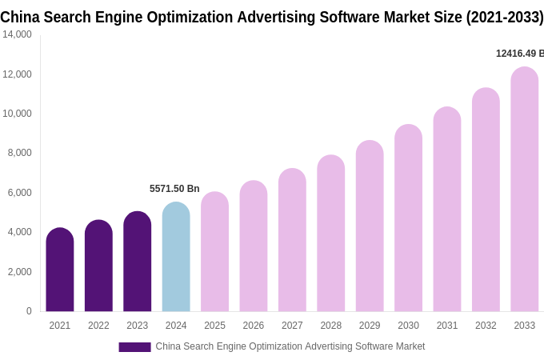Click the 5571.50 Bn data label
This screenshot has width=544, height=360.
(174, 189)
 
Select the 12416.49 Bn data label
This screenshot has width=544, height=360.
(519, 54)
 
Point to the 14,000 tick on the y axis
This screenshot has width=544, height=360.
(17, 34)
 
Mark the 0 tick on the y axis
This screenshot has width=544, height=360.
(29, 311)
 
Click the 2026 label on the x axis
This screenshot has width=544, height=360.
(254, 326)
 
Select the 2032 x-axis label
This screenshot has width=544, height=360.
(486, 326)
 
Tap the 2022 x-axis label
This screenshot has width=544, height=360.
(98, 326)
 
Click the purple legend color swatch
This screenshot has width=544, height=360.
(134, 347)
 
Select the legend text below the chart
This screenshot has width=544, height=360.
(290, 346)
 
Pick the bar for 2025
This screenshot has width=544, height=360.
(214, 252)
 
